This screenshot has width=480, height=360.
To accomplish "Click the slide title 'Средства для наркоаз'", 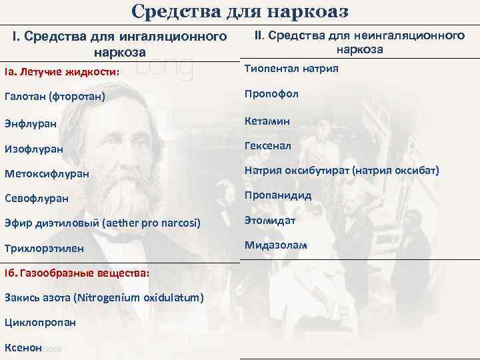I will (240, 11).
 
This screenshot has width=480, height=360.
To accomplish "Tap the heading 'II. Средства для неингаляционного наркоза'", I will (359, 42).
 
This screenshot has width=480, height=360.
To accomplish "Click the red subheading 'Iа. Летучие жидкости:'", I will (61, 72).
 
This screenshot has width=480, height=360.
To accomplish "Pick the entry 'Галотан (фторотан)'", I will (54, 97).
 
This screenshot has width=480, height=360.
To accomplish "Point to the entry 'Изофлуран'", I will (34, 149).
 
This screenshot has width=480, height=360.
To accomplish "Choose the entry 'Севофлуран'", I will (37, 199).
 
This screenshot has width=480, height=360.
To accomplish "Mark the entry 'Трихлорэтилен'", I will (44, 248).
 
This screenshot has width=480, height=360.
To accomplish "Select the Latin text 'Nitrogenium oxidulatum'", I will (143, 297).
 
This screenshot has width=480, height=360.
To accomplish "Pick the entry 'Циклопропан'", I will (40, 322).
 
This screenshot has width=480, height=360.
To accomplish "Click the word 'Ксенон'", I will (23, 347).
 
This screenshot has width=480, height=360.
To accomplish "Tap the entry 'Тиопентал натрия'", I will (291, 69).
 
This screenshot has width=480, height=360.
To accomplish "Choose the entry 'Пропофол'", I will (271, 94).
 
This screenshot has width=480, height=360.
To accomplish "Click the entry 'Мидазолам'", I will (276, 245).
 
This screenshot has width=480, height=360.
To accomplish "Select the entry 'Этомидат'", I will (270, 220).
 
